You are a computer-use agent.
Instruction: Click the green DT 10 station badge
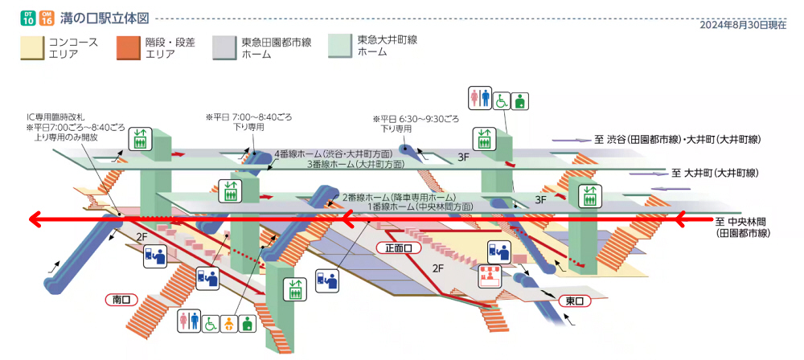(x=27, y=18)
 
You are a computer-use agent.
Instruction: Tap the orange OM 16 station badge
(x=47, y=18)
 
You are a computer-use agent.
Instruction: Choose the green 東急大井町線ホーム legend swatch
(x=341, y=46)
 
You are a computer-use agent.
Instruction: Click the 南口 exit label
(x=122, y=299)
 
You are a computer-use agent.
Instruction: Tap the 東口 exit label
(x=574, y=301)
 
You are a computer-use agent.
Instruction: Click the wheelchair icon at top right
(x=500, y=100)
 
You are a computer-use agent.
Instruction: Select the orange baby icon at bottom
(x=228, y=323)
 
